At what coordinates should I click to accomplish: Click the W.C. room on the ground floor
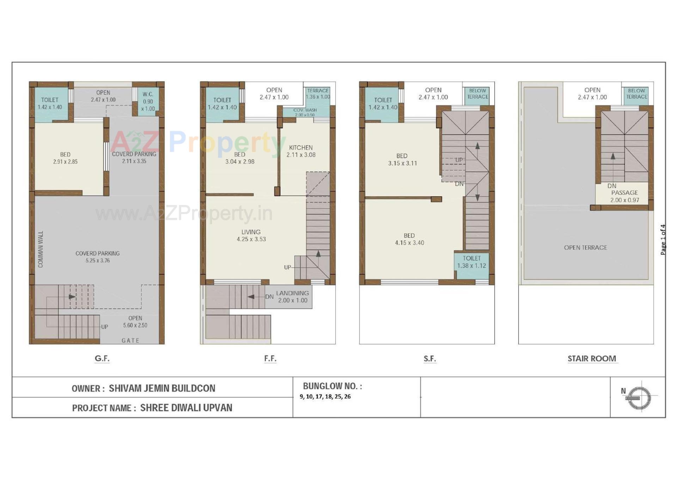coord(148,102)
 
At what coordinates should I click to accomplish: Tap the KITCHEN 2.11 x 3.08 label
coord(301,151)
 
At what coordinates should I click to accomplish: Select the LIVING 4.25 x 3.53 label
coord(251,235)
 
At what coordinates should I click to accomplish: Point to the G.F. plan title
coord(102,358)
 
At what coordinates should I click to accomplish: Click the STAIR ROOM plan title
coord(592,358)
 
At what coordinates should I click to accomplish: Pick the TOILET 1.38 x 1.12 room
coord(471,262)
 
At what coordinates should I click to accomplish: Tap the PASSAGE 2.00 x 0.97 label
coord(624,196)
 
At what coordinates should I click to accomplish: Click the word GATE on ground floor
coord(130,341)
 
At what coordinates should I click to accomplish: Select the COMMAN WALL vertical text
coord(41,249)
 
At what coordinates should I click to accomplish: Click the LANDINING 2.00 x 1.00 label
coord(292,297)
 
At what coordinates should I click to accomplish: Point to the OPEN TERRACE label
coord(585,247)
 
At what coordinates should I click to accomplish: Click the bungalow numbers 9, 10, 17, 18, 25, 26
coord(325,396)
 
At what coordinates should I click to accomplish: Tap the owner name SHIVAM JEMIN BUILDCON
coord(162,388)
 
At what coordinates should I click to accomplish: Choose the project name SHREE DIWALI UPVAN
coord(186,408)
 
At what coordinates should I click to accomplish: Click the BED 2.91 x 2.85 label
coord(65,158)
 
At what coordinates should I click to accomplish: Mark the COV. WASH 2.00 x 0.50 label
coord(305,112)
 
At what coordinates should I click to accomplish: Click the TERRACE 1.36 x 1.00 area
coord(318,94)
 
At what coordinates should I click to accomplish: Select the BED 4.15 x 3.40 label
coord(409,239)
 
